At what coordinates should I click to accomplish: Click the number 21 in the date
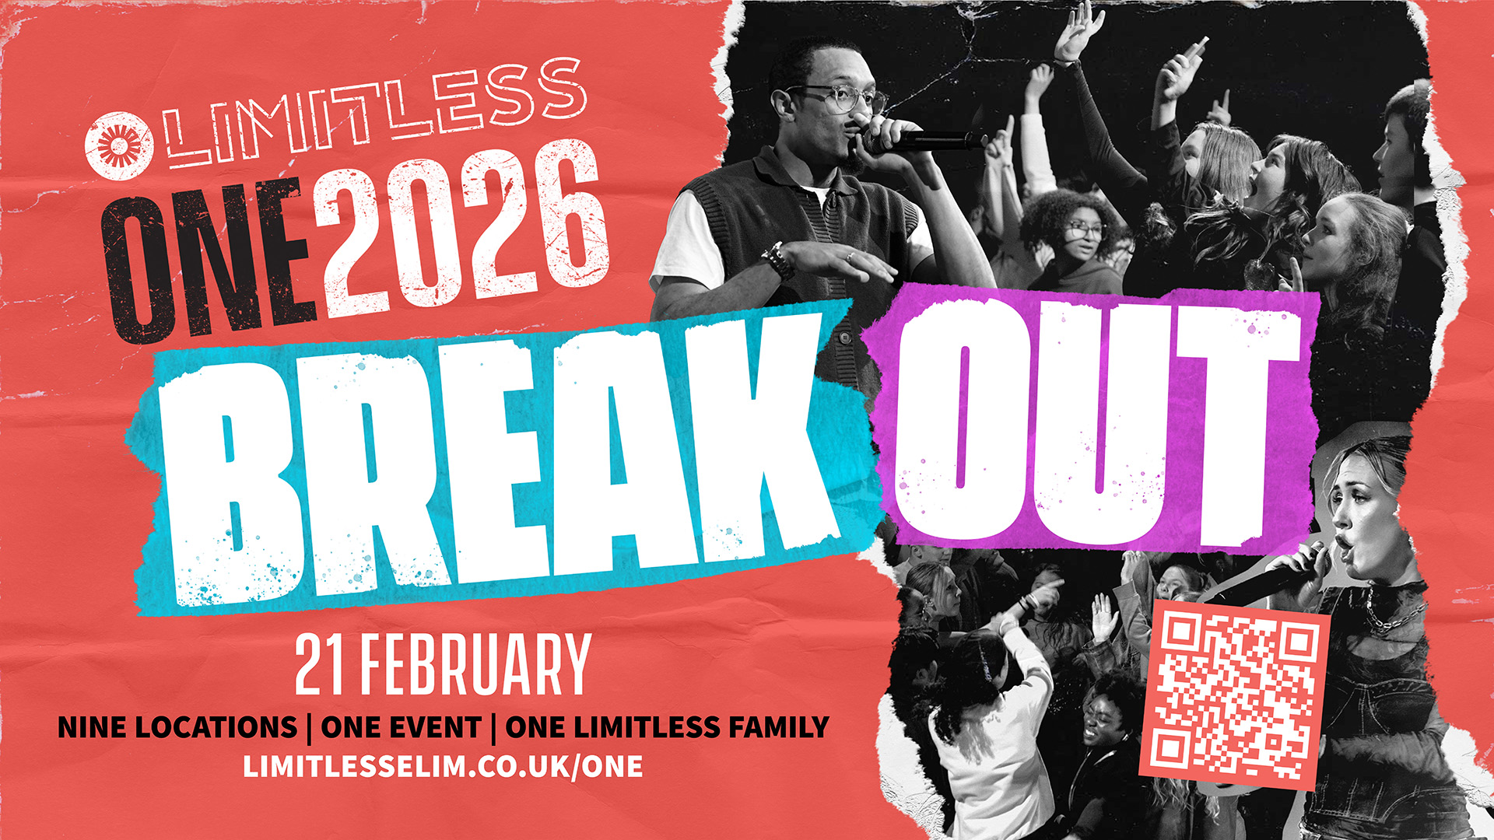point(319,664)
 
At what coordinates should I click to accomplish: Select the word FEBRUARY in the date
point(475,664)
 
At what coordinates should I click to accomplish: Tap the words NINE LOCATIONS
point(177,727)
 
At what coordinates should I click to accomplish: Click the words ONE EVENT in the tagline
point(401,727)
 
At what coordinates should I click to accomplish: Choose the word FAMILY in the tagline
point(779,727)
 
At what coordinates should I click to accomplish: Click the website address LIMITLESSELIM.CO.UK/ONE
point(444,766)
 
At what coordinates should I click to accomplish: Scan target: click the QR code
point(1234,695)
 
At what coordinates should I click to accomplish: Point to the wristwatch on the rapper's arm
point(778,261)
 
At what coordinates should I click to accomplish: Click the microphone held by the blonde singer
point(1276,576)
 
